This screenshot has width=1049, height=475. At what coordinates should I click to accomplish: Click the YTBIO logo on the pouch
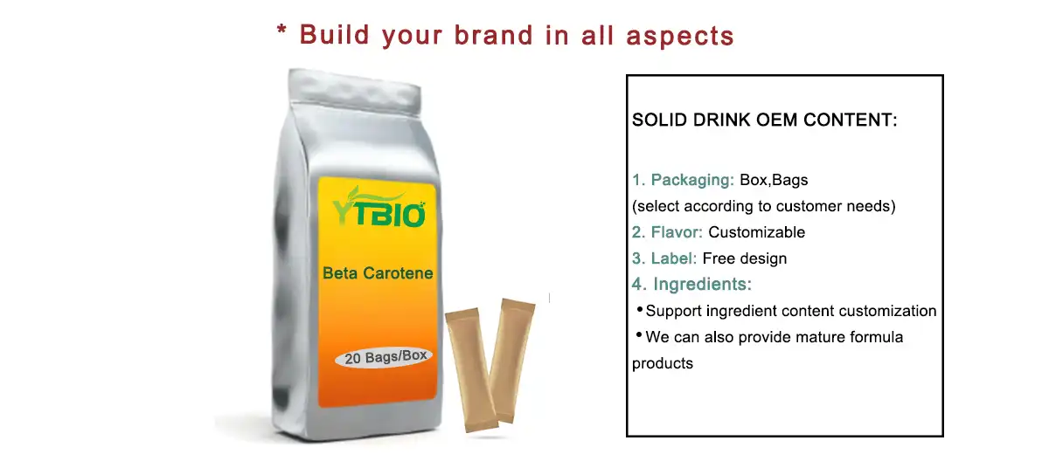click(x=379, y=210)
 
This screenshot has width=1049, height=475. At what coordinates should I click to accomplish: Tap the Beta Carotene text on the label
click(x=378, y=273)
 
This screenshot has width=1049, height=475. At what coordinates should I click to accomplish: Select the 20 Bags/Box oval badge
click(x=384, y=358)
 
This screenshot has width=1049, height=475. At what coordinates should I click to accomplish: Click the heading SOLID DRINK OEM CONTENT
click(x=765, y=120)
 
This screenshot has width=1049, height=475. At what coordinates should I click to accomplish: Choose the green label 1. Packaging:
click(x=684, y=181)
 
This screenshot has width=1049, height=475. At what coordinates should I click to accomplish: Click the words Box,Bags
click(x=775, y=181)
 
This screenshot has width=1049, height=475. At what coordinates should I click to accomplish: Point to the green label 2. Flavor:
click(x=668, y=232)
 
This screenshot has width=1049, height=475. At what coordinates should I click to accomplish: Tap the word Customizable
click(x=757, y=232)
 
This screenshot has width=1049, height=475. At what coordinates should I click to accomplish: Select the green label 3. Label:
click(x=664, y=258)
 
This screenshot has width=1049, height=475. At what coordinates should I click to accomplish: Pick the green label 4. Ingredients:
click(x=692, y=285)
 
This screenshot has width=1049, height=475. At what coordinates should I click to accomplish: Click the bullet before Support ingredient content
click(x=639, y=309)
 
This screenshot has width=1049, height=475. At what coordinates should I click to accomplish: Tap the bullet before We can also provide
click(x=639, y=335)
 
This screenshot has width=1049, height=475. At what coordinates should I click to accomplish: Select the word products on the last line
click(x=663, y=363)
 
